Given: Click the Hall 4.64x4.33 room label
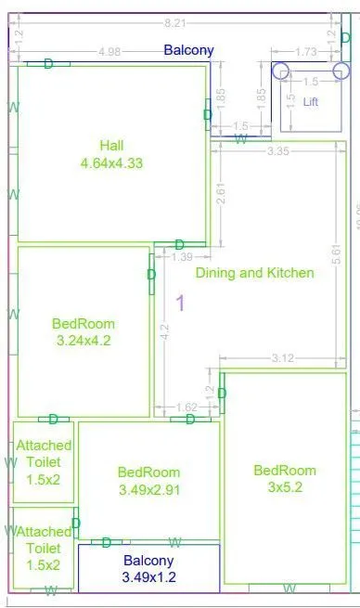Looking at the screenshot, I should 111,153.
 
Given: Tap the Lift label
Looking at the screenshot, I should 311,102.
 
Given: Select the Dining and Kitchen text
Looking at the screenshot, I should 254,273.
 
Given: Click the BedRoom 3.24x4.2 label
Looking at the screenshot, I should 84,332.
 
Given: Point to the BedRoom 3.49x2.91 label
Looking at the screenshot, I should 148,481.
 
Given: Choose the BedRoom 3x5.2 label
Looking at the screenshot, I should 285,478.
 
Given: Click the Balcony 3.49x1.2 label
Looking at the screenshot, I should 148,569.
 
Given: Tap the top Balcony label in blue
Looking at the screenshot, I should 188,50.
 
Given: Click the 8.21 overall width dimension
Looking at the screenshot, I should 173,20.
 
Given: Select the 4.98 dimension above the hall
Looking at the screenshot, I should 109,51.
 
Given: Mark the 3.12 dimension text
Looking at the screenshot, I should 284,358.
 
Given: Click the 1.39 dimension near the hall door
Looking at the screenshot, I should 183,256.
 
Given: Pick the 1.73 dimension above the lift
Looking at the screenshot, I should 303,51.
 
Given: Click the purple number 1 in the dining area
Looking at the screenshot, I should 181,303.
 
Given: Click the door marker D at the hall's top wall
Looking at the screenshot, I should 48,63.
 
